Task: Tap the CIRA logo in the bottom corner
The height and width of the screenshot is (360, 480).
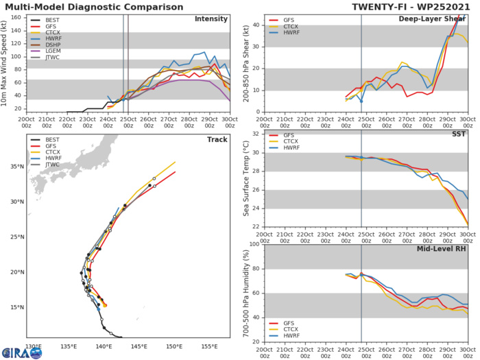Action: pos(21,352)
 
